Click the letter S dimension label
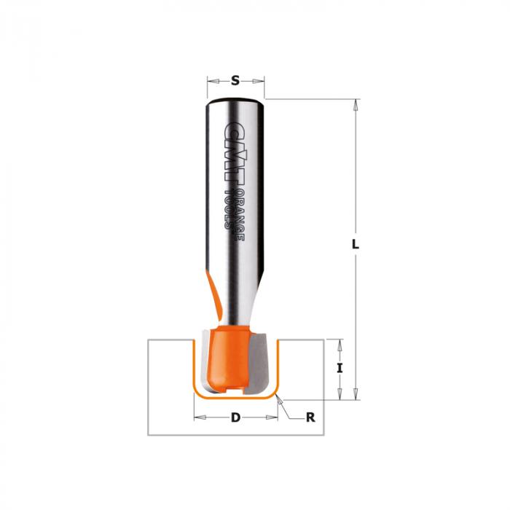(235, 80)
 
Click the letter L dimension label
(356, 244)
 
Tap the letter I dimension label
(340, 368)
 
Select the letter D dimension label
(235, 417)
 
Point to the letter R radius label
(310, 417)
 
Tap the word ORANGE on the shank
(240, 215)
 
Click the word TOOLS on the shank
(229, 210)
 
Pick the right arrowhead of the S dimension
(259, 81)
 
